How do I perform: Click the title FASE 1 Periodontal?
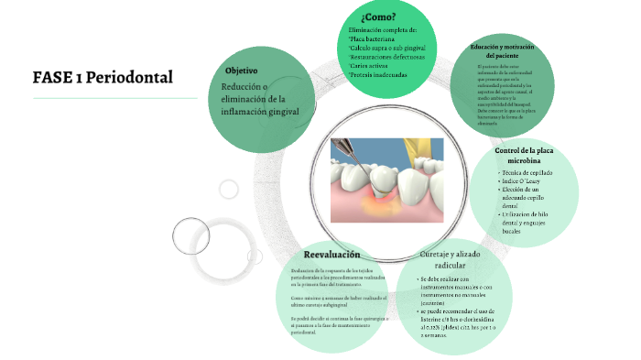[102, 76]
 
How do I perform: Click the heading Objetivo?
[241, 71]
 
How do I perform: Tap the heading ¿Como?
[378, 16]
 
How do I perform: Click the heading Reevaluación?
[331, 254]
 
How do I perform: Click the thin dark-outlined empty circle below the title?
[192, 235]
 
